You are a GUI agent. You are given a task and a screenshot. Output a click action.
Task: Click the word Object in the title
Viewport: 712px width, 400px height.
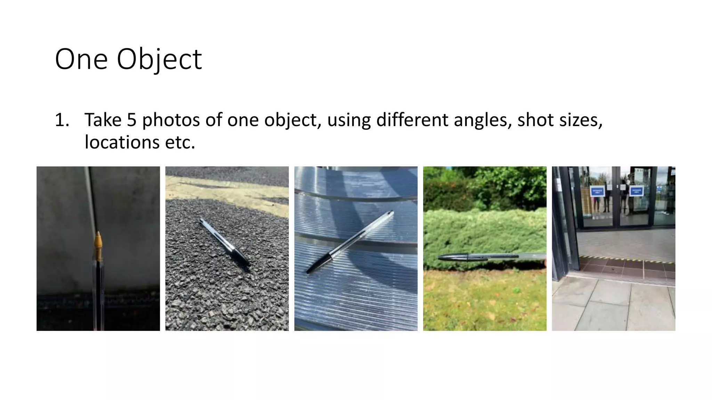point(159,59)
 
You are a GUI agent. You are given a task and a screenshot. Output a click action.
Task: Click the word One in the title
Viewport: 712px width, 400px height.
point(81,59)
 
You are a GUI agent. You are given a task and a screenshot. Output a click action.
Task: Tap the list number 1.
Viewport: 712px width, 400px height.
point(62,120)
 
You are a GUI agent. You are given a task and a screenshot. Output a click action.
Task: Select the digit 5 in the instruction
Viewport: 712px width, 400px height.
point(131,120)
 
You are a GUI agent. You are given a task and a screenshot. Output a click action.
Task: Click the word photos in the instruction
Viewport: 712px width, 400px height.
point(171,120)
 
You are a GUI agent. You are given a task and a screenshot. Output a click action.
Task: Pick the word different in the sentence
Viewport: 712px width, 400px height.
point(412,120)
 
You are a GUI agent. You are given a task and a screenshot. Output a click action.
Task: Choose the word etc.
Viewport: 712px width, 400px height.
point(180,142)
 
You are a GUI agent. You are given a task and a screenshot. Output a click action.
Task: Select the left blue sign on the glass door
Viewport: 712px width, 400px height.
point(597,191)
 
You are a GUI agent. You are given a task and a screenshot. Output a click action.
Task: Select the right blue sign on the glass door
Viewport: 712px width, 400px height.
point(636,191)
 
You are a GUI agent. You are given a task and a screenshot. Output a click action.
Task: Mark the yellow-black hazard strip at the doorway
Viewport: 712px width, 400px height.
point(626,260)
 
